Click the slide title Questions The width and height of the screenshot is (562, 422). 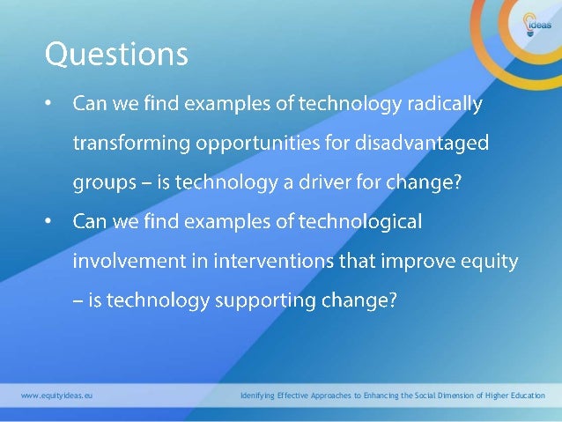[x=116, y=56]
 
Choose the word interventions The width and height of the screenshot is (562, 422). [x=269, y=262]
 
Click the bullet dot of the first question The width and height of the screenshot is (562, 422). [x=49, y=106]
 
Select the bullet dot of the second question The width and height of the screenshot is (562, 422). [x=49, y=223]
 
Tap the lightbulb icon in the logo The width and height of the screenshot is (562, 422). [x=529, y=20]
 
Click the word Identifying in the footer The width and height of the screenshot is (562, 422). [x=261, y=396]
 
